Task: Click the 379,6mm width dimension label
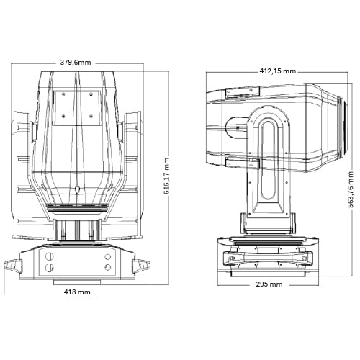coord(76,63)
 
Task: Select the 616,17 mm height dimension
coord(166,176)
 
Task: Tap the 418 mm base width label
coord(77,292)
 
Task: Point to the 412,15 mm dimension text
coord(278,71)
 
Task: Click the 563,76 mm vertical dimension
coord(351,189)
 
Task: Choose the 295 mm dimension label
coord(269,284)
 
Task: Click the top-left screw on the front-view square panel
coord(63,94)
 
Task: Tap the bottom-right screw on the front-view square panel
coord(91,117)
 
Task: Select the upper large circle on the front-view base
coord(49,256)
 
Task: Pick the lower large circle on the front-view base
coord(49,267)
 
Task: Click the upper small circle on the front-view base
coord(108,257)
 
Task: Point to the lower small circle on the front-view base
coord(108,267)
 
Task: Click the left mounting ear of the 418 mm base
coord(13,266)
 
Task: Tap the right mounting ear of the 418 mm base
coord(141,266)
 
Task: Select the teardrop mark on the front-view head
coord(77,189)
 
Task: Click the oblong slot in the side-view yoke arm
coord(268,160)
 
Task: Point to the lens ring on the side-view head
coord(342,127)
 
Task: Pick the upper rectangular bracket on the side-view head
coord(242,92)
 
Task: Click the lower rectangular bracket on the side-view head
coord(243,163)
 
